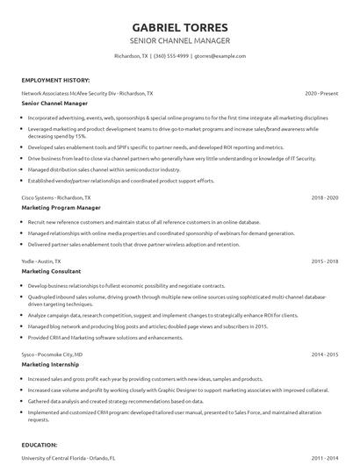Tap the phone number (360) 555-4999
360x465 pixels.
point(170,55)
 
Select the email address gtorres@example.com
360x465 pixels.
point(220,55)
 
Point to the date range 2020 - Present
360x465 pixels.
point(321,92)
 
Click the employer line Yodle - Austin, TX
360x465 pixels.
point(41,261)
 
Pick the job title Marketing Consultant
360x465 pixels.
point(51,272)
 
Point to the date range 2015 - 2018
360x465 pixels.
point(325,261)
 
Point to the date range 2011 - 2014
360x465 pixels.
point(325,458)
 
